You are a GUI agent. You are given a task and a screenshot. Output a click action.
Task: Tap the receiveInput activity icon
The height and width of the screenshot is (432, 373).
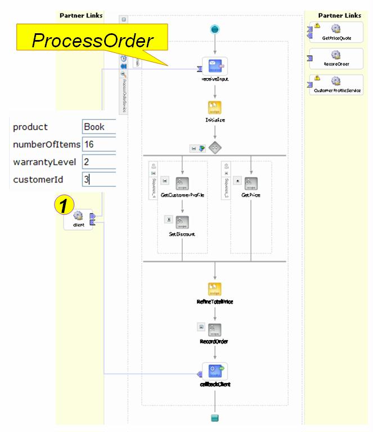(214, 67)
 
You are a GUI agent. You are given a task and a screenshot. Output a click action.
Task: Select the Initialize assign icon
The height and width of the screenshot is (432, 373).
(214, 108)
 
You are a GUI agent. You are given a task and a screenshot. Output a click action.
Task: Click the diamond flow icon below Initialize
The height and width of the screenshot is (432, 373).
(215, 147)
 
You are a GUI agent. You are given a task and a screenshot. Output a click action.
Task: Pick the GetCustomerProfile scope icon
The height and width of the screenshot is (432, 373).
(182, 182)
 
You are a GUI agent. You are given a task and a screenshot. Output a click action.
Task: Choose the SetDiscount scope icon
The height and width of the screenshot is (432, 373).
(182, 221)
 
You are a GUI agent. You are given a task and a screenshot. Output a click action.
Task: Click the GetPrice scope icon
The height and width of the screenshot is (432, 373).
(250, 182)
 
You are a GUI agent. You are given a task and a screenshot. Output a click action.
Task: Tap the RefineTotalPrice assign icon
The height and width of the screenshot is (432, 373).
(215, 289)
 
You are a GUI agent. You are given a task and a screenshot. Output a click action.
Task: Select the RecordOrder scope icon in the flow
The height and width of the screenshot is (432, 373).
(215, 328)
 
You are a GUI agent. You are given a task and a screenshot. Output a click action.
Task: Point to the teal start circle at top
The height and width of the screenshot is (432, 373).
(215, 29)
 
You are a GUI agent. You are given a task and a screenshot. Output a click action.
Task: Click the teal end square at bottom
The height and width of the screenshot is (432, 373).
(214, 418)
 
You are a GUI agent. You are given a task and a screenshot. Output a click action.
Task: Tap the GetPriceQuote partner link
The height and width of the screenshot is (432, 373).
(336, 30)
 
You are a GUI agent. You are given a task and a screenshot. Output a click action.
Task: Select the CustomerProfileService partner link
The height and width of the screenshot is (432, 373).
(336, 83)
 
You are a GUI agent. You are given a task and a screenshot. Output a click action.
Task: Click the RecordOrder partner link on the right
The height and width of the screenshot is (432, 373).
(336, 57)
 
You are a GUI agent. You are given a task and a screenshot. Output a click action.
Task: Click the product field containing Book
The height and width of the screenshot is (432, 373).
(98, 127)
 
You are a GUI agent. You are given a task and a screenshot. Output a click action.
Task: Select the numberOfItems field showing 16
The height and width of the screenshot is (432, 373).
(98, 144)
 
